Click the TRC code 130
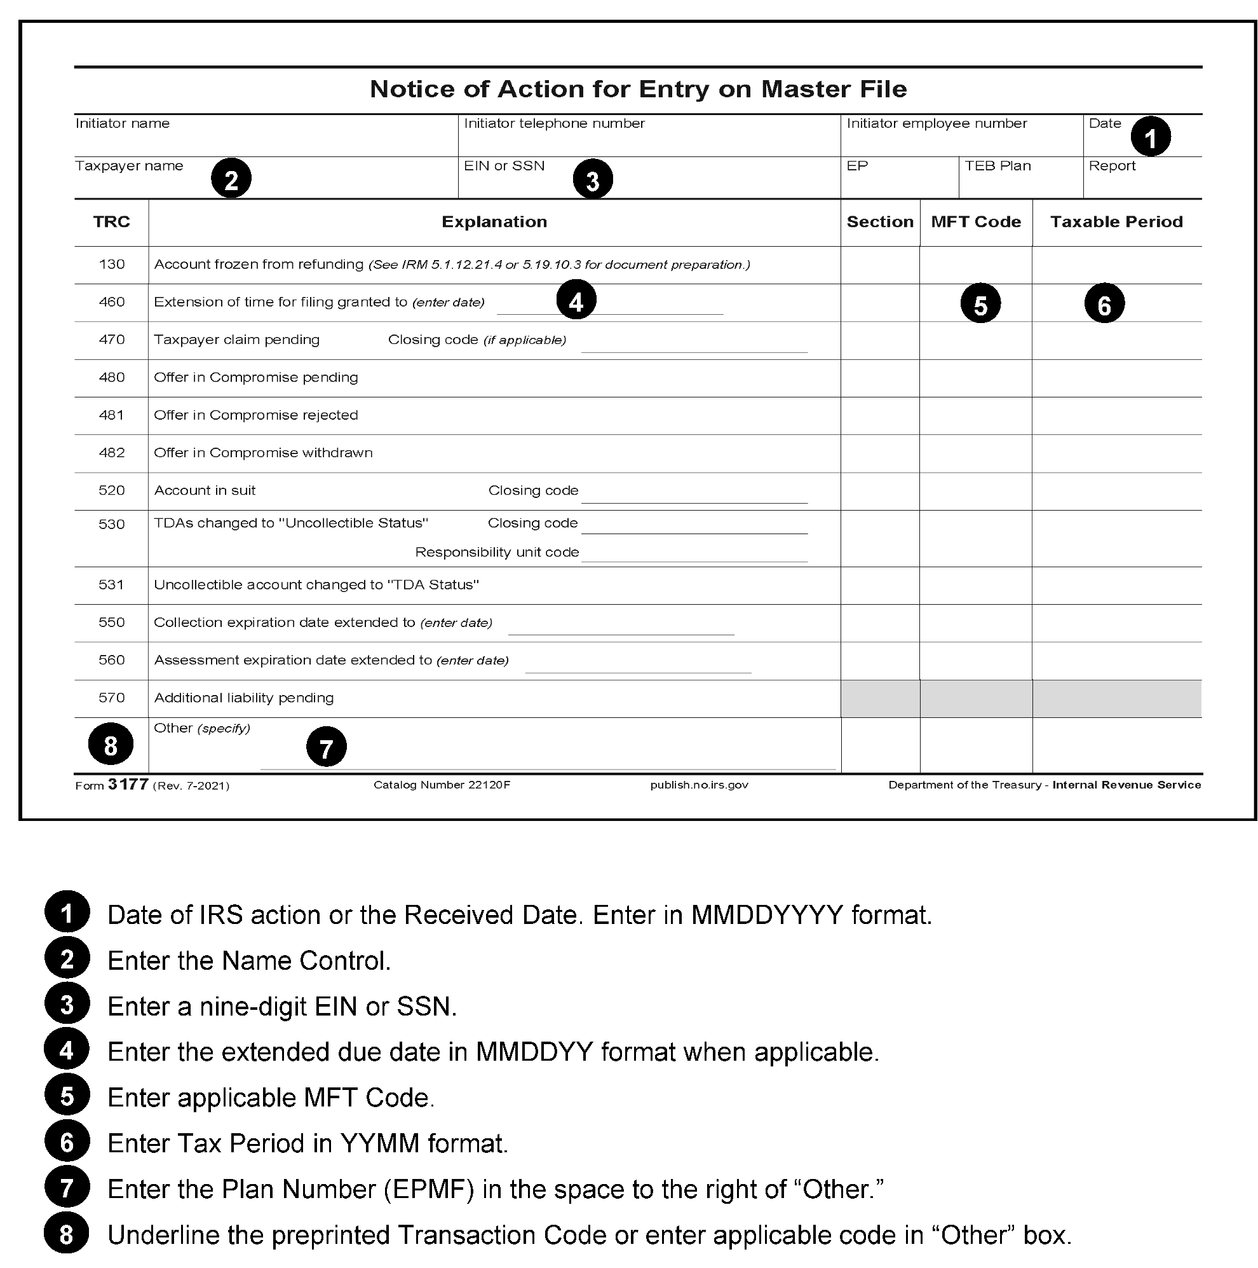111,265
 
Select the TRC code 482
111,453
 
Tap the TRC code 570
111,698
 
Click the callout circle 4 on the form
576,301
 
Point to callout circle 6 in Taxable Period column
1104,304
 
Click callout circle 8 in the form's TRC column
111,744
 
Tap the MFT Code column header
975,222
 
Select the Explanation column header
494,222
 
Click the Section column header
879,222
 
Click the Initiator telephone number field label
554,123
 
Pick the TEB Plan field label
998,166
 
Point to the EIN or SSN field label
504,166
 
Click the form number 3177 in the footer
128,784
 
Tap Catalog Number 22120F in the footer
442,785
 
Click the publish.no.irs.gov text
698,785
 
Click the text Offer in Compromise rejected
256,415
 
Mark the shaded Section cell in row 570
879,698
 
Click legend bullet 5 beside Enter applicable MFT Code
67,1098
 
